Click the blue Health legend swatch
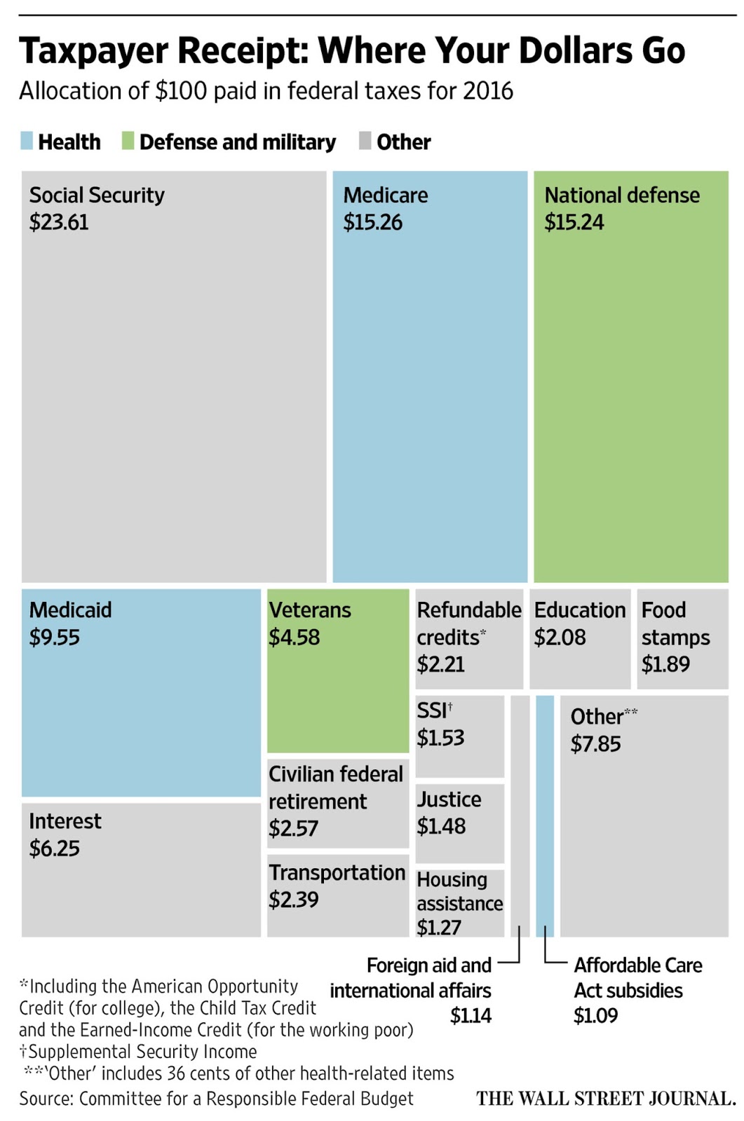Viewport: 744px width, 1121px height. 27,140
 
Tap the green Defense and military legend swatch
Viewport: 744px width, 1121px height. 128,140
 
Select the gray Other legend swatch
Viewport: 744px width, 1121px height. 365,140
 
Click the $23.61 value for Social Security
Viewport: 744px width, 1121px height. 59,222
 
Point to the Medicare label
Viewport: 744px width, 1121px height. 385,195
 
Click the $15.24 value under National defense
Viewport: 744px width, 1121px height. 574,222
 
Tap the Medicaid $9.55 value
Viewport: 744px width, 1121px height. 54,637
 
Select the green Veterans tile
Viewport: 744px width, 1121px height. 337,694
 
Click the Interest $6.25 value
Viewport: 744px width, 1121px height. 54,848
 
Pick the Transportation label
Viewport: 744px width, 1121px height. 337,872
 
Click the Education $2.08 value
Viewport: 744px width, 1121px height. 560,637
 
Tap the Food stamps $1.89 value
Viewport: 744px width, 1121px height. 665,663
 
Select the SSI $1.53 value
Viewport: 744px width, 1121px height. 440,738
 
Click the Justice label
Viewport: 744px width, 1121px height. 449,799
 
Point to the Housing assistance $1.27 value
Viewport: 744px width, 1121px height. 439,928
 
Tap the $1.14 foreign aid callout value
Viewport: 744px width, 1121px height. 471,1015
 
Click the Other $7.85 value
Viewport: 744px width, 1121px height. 595,743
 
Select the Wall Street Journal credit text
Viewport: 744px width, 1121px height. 606,1098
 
